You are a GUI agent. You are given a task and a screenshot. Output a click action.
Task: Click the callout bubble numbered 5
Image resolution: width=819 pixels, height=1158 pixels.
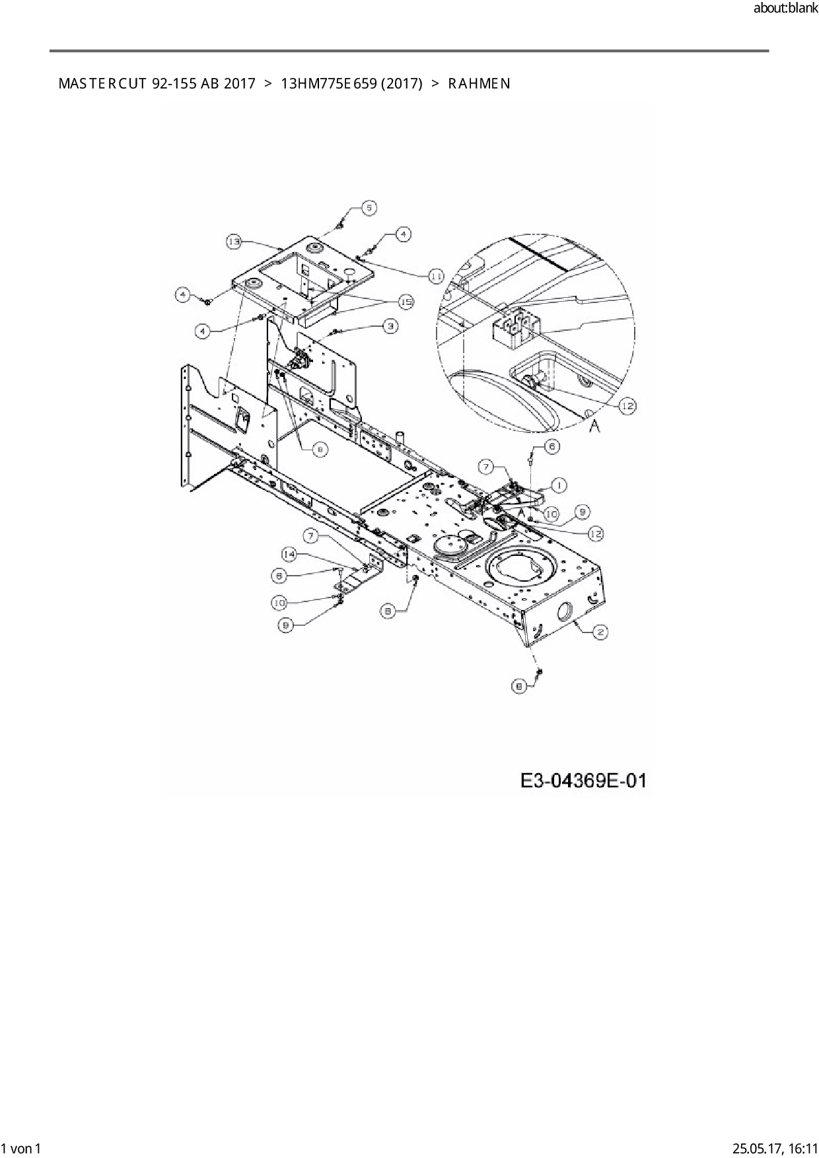click(369, 207)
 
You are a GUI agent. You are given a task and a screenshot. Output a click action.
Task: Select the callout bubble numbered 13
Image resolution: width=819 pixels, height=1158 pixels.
click(234, 242)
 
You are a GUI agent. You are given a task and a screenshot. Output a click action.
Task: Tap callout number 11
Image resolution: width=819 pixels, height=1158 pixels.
click(436, 276)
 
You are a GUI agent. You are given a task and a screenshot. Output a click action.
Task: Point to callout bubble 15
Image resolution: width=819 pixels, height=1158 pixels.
click(406, 301)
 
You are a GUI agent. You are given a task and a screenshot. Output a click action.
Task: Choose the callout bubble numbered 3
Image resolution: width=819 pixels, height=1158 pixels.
click(390, 325)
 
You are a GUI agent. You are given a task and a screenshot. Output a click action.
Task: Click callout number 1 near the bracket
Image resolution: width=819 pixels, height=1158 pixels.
click(558, 485)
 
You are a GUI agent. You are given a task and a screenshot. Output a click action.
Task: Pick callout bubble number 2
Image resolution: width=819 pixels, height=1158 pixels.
click(600, 632)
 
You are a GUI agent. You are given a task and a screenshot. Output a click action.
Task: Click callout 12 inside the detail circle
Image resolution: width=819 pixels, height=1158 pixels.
click(626, 406)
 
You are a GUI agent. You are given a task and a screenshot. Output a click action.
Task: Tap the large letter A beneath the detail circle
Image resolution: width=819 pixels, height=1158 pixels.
click(594, 427)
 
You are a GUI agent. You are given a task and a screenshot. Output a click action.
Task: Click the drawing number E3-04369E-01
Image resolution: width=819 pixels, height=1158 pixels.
click(583, 781)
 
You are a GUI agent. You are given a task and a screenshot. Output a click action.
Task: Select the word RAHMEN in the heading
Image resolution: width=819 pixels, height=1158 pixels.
click(479, 84)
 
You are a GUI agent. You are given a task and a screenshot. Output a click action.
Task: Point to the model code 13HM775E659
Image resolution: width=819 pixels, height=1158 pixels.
click(324, 84)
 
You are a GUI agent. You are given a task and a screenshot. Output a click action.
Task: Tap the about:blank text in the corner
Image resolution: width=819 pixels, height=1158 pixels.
click(785, 9)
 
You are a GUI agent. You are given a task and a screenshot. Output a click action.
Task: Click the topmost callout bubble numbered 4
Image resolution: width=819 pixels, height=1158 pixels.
click(403, 233)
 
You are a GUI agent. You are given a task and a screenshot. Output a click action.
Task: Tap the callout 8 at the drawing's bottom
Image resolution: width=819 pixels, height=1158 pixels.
click(520, 687)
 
